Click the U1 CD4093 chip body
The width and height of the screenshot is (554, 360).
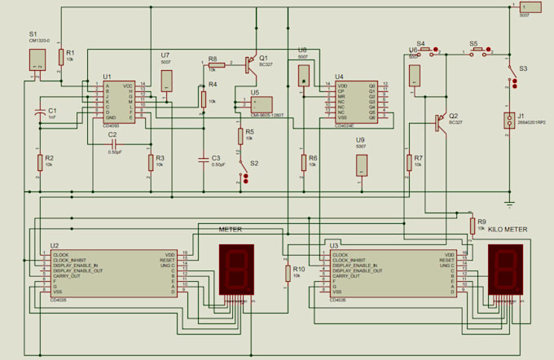[x=118, y=101]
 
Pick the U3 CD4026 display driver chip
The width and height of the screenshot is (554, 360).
[x=391, y=274]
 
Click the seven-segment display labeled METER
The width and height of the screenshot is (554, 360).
[x=235, y=270]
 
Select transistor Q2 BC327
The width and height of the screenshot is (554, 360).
[x=441, y=121]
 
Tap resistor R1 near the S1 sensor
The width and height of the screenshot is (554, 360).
[x=61, y=57]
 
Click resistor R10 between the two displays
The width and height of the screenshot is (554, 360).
[x=286, y=273]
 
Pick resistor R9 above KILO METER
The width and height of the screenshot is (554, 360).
[x=472, y=225]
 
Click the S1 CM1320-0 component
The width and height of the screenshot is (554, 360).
[x=37, y=59]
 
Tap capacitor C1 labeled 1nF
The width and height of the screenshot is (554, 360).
[x=40, y=114]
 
